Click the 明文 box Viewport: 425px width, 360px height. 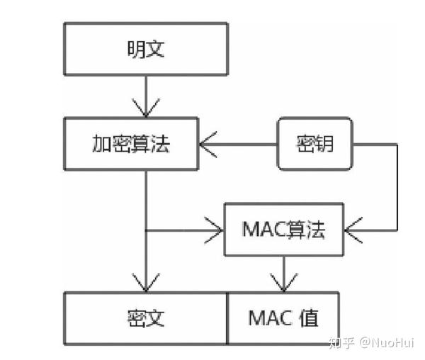pyautogui.click(x=146, y=50)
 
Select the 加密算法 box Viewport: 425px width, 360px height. pyautogui.click(x=132, y=145)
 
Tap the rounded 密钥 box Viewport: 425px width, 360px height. pyautogui.click(x=314, y=145)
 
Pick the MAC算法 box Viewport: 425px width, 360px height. pyautogui.click(x=284, y=230)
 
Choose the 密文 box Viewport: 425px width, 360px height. pyautogui.click(x=146, y=317)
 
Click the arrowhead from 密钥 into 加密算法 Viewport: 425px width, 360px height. pyautogui.click(x=207, y=145)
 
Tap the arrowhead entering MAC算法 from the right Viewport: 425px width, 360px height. pyautogui.click(x=353, y=230)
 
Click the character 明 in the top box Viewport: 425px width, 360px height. pyautogui.click(x=135, y=50)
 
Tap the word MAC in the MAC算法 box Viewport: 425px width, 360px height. pyautogui.click(x=264, y=230)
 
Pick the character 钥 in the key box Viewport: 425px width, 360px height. pyautogui.click(x=324, y=145)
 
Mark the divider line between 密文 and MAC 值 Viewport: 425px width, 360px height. pyautogui.click(x=227, y=317)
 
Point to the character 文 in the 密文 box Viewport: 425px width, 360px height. pyautogui.click(x=155, y=317)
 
